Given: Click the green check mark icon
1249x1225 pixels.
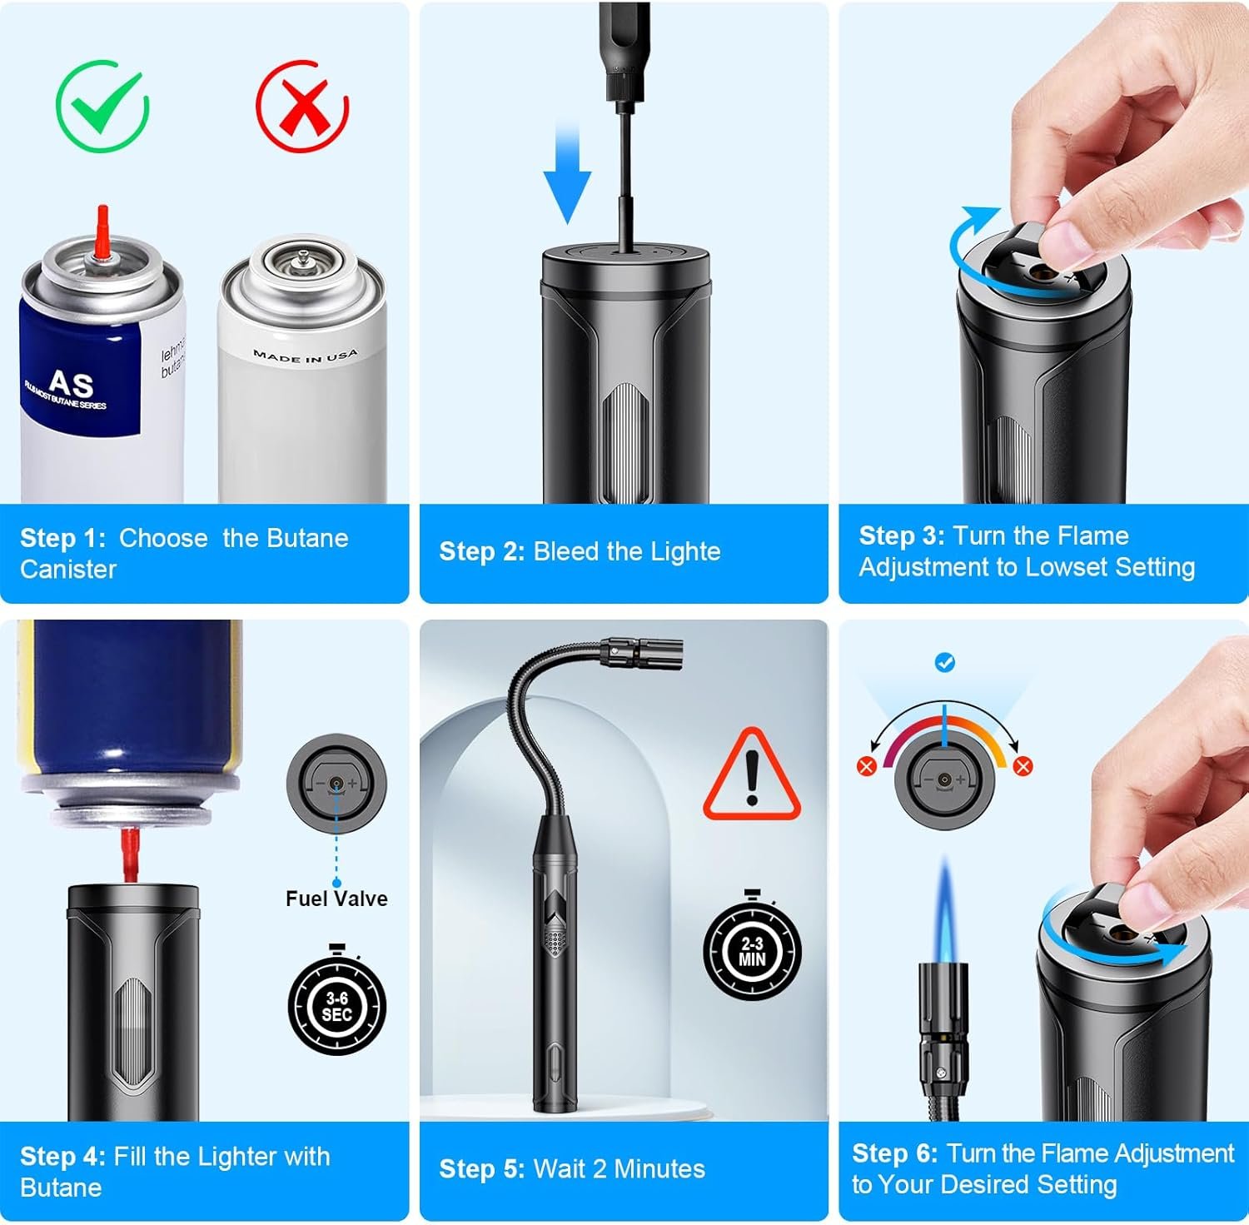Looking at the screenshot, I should (102, 107).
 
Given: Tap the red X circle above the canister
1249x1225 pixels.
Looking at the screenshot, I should (301, 107).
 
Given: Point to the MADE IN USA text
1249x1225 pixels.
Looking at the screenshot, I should (306, 356).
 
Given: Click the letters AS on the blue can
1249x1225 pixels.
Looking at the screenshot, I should (71, 384).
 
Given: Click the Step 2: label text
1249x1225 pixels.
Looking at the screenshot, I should (481, 551).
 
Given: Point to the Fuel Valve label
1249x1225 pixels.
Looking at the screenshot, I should (336, 899).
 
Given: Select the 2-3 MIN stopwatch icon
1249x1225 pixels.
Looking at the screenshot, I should (752, 949).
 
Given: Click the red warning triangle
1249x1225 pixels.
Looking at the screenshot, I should (752, 775).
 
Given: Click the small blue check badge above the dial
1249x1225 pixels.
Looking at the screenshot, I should (945, 663).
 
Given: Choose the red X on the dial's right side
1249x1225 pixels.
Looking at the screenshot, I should (1023, 766).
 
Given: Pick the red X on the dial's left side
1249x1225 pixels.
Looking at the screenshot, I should (866, 766).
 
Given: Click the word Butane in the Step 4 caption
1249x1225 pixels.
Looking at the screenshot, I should (61, 1188).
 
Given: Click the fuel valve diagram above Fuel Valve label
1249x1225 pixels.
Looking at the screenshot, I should (336, 783).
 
